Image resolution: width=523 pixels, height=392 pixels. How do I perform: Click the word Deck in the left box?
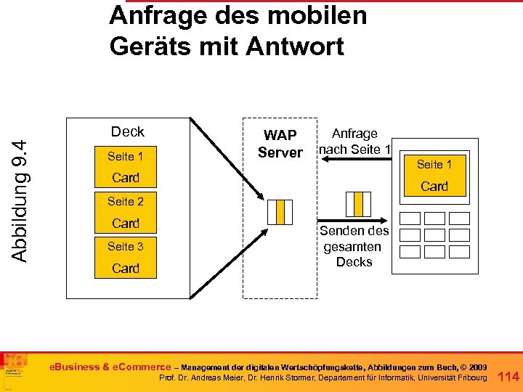[x=127, y=131]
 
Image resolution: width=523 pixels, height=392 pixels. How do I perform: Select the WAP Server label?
[x=280, y=144]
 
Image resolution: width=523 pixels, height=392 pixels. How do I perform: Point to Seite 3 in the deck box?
[x=126, y=246]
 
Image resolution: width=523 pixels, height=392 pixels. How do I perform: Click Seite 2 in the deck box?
[x=126, y=201]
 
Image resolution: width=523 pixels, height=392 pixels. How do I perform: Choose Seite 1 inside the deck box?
[x=126, y=156]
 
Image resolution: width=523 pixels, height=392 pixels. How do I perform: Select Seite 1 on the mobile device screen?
[x=434, y=164]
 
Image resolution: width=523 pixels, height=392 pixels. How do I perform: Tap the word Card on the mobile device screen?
[x=434, y=187]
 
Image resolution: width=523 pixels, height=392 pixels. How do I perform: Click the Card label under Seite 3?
[x=126, y=269]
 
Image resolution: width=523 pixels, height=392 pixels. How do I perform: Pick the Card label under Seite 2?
[x=126, y=224]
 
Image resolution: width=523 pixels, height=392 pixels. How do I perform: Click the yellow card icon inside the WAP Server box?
[x=280, y=211]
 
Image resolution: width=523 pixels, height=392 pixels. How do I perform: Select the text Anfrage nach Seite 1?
[x=354, y=142]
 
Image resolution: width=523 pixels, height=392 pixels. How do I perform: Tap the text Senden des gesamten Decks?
[x=354, y=246]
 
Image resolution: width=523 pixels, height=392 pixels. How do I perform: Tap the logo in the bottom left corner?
[x=15, y=369]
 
